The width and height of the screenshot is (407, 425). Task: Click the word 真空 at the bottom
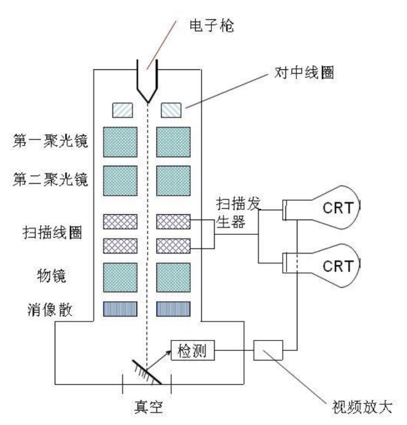pyautogui.click(x=148, y=405)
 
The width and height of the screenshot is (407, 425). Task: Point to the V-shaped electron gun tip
pyautogui.click(x=147, y=91)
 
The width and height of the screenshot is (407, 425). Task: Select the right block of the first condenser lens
pyautogui.click(x=173, y=142)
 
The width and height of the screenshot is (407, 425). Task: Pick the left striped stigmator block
pyautogui.click(x=120, y=310)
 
